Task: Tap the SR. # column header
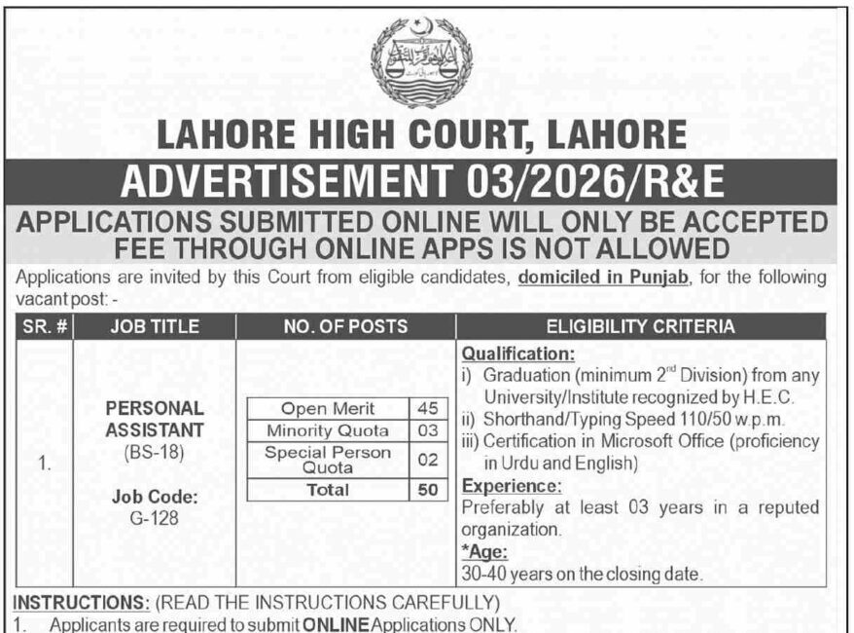44,326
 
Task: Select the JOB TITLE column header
155,326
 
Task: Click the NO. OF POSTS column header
345,326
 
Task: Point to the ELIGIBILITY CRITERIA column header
641,326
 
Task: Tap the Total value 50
426,490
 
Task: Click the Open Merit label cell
327,409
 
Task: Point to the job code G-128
155,517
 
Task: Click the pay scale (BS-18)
155,452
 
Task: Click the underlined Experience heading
511,485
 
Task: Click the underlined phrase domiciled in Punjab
604,278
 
